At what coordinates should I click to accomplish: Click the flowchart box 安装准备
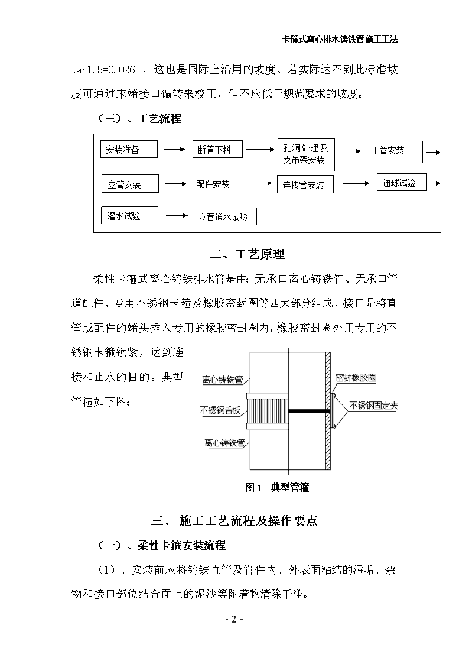pyautogui.click(x=129, y=149)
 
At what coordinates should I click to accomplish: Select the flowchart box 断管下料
pyautogui.click(x=217, y=149)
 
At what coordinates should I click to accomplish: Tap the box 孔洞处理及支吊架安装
pyautogui.click(x=306, y=154)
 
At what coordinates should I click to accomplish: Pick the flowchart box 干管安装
pyautogui.click(x=394, y=151)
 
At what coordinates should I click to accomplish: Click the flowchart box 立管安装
pyautogui.click(x=130, y=184)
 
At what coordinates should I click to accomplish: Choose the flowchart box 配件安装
pyautogui.click(x=217, y=183)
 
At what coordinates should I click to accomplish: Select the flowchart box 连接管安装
pyautogui.click(x=305, y=184)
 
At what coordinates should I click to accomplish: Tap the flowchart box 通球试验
pyautogui.click(x=402, y=182)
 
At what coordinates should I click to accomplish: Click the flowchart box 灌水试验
pyautogui.click(x=129, y=215)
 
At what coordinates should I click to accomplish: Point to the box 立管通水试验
pyautogui.click(x=224, y=216)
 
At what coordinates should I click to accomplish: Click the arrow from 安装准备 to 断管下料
pyautogui.click(x=175, y=149)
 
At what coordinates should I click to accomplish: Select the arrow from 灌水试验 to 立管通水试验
pyautogui.click(x=177, y=216)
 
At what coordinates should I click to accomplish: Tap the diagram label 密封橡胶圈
pyautogui.click(x=356, y=377)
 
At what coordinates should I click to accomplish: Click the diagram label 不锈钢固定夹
pyautogui.click(x=374, y=406)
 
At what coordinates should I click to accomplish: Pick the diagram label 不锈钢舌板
pyautogui.click(x=220, y=410)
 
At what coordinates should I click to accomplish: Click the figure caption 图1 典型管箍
pyautogui.click(x=277, y=487)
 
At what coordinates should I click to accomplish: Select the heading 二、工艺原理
pyautogui.click(x=247, y=254)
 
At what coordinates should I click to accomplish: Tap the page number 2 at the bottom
pyautogui.click(x=234, y=620)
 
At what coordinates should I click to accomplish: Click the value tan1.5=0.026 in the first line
pyautogui.click(x=103, y=69)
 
